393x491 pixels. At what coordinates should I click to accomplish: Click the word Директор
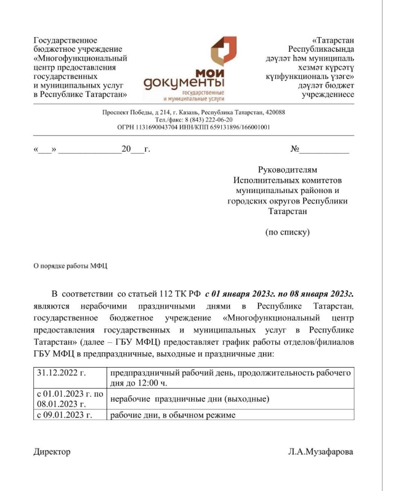pyautogui.click(x=52, y=452)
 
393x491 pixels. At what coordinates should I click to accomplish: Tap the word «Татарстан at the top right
pyautogui.click(x=333, y=40)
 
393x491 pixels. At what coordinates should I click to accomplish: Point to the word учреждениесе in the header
pyautogui.click(x=328, y=94)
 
